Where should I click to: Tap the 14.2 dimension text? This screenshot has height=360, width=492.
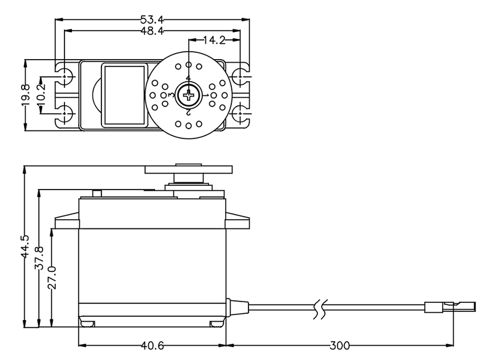tap(215, 41)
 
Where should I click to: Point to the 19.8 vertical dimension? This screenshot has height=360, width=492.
tap(25, 95)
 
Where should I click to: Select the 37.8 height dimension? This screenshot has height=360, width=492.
tap(39, 258)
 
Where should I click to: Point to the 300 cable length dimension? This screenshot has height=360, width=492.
tap(341, 345)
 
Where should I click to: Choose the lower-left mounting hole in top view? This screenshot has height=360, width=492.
tap(66, 113)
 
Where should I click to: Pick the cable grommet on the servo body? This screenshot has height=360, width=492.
tap(229, 306)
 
